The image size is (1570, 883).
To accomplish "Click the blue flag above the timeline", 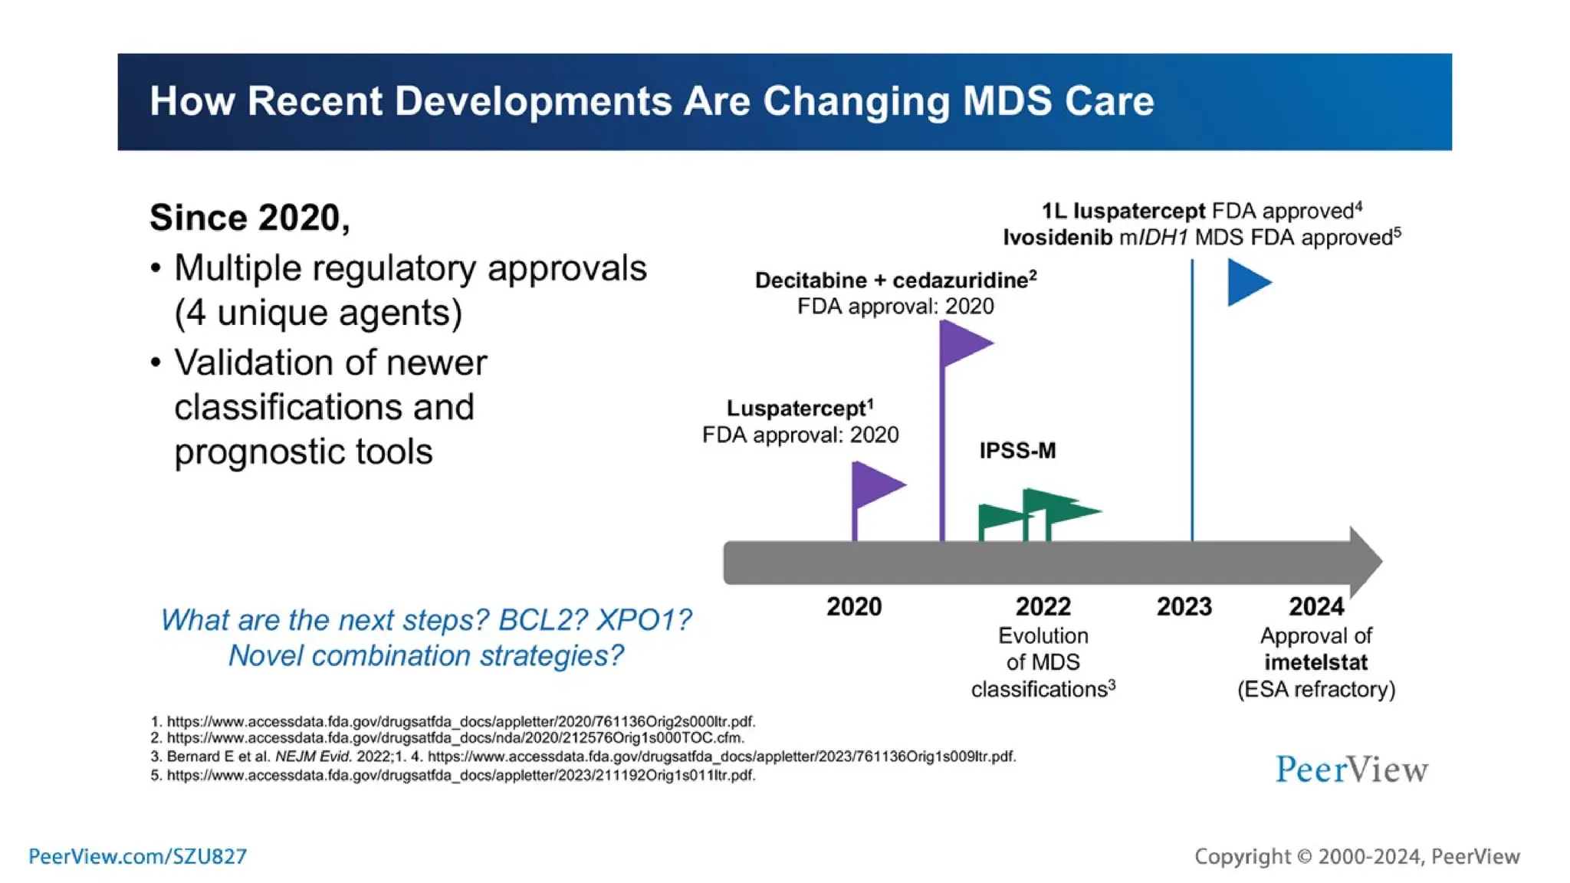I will tap(1246, 282).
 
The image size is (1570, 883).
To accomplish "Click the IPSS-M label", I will tap(1017, 451).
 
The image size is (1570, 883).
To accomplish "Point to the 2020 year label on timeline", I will tap(853, 607).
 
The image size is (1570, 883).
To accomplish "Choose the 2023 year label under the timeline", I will tap(1184, 607).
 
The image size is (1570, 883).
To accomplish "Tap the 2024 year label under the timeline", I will tap(1315, 607).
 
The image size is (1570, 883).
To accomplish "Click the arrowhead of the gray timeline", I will tap(1365, 562).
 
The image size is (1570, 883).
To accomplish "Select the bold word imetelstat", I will tap(1315, 662).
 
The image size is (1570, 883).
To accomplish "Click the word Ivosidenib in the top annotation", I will tap(1057, 238).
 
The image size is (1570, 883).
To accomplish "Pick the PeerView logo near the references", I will tap(1351, 770).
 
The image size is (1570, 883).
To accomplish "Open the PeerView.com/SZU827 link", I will tap(138, 856).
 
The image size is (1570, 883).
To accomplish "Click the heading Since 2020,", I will tap(250, 218).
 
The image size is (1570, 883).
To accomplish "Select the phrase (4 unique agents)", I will tap(318, 313).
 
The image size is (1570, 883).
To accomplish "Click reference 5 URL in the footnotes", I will tap(460, 775).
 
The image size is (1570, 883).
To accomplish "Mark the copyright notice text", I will tap(1357, 856).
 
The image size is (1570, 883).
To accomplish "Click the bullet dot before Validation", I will tap(156, 363).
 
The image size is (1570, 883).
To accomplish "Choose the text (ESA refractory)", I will tap(1315, 689).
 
